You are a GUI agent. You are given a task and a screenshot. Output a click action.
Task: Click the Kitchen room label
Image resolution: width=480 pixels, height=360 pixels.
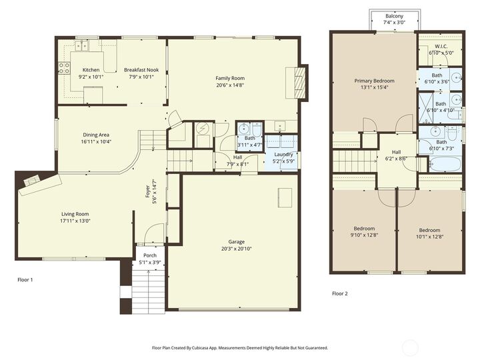click(x=91, y=70)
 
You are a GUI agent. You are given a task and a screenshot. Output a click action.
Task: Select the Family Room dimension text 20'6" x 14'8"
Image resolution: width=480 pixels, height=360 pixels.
click(x=230, y=85)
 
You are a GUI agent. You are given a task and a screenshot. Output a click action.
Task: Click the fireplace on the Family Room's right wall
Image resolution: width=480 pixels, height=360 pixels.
click(x=298, y=82)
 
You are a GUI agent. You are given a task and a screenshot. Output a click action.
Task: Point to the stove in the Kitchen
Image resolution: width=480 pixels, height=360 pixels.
click(x=65, y=67)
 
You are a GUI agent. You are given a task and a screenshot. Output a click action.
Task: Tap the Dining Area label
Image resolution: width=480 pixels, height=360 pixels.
click(x=96, y=135)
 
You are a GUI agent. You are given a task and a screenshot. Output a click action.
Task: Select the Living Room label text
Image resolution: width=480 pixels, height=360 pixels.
click(x=75, y=214)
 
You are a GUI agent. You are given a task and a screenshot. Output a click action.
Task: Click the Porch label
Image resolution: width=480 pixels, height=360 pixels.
click(x=150, y=255)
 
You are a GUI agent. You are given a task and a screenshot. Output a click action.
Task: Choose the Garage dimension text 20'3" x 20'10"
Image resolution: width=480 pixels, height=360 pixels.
click(x=236, y=249)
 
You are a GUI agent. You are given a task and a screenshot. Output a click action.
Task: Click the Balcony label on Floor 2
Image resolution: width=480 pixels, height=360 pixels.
click(x=394, y=16)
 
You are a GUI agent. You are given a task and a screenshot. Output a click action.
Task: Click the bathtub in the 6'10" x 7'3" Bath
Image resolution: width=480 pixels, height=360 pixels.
click(x=440, y=163)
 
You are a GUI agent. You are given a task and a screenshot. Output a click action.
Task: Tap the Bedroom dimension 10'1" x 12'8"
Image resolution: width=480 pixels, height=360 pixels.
click(x=429, y=235)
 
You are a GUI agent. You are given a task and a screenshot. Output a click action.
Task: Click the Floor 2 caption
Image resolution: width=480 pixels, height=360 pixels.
click(x=339, y=293)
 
